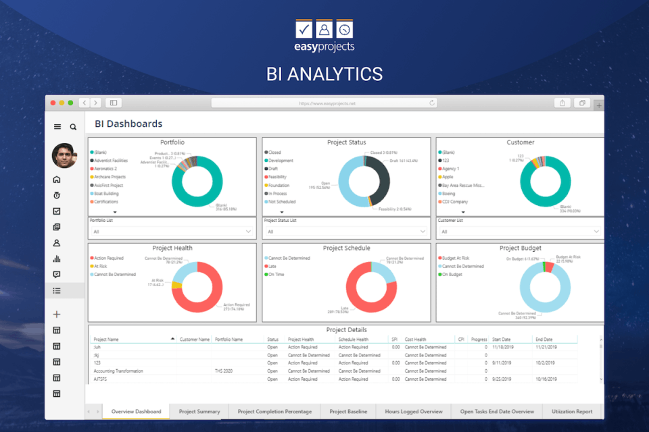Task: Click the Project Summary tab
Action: click(x=199, y=411)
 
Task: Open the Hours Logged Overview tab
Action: click(x=413, y=411)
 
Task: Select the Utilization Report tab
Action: click(x=571, y=411)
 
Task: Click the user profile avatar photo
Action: click(x=65, y=156)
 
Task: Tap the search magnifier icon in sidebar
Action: click(x=73, y=127)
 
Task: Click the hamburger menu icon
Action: click(x=57, y=127)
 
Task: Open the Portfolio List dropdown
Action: click(x=172, y=232)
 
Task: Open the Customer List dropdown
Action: click(x=519, y=232)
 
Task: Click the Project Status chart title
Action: click(x=346, y=142)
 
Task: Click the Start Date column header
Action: click(x=501, y=340)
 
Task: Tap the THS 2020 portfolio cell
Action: click(x=224, y=371)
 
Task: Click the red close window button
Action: click(x=52, y=103)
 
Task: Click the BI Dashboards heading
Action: click(x=128, y=124)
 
